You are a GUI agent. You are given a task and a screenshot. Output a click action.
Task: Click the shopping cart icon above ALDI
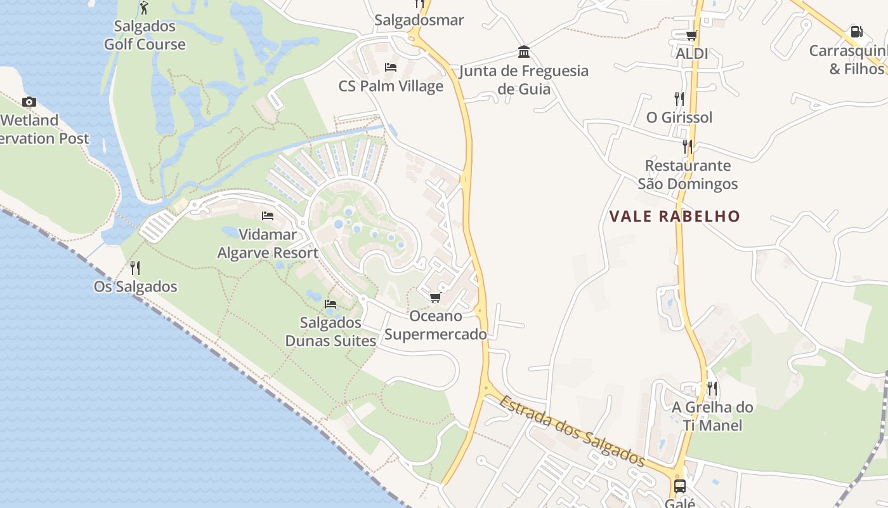[x=691, y=36]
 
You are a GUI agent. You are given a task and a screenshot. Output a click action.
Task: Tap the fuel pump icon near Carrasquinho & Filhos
[x=856, y=31]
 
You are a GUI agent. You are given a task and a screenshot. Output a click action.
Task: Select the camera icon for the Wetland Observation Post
[x=29, y=102]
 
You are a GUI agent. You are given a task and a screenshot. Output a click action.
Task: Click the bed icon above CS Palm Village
[x=391, y=67]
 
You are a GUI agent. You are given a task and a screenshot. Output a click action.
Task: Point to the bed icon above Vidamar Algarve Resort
[x=268, y=216]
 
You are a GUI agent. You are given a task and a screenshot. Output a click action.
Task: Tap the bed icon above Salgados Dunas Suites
[x=330, y=304]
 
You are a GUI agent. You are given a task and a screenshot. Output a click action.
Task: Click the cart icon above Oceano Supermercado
[x=435, y=297]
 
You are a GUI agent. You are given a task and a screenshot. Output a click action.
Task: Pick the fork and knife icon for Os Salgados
[x=134, y=267]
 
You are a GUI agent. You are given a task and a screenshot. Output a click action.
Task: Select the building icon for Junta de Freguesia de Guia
[x=524, y=51]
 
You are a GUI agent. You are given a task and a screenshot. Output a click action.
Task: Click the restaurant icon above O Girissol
[x=679, y=98]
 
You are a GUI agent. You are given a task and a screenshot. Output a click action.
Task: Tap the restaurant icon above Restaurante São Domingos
[x=688, y=146]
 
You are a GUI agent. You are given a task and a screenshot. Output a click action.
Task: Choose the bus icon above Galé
[x=679, y=486]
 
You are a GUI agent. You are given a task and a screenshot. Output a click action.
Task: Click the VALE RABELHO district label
[x=674, y=216]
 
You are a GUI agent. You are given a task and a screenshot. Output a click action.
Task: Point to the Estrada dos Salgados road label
[x=571, y=431]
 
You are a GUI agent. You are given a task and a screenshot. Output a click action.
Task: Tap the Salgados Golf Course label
[x=145, y=36]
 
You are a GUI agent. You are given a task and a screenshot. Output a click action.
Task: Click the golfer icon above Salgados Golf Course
[x=144, y=8]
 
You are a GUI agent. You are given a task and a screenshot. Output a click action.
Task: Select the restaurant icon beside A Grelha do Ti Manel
[x=712, y=388]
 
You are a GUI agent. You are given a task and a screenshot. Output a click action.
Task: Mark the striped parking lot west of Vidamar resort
[x=157, y=225]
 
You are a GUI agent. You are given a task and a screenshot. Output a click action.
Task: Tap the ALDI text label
[x=691, y=54]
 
